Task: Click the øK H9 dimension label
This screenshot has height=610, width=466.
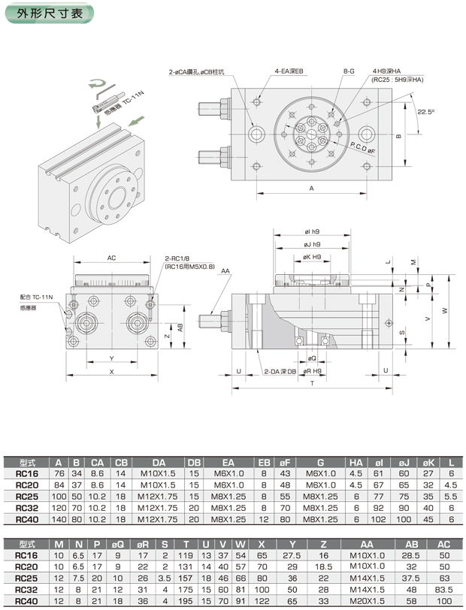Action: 313,257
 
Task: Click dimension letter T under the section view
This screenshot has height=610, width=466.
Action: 310,383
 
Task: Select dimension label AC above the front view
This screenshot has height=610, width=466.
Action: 111,258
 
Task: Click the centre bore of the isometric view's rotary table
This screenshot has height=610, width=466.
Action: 118,201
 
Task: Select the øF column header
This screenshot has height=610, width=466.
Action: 286,462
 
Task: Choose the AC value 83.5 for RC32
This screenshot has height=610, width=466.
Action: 443,589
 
